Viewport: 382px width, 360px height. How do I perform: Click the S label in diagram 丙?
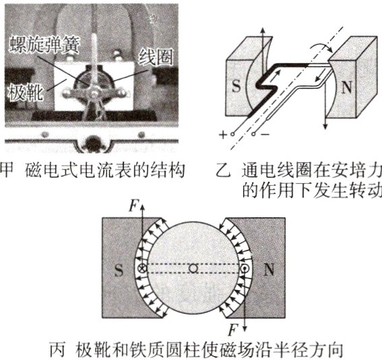(119, 269)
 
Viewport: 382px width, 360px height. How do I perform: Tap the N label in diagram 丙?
(267, 270)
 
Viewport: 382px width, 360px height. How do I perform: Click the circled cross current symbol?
(142, 269)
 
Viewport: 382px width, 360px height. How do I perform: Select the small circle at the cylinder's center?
(193, 269)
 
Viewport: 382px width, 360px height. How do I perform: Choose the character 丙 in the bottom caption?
(59, 350)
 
